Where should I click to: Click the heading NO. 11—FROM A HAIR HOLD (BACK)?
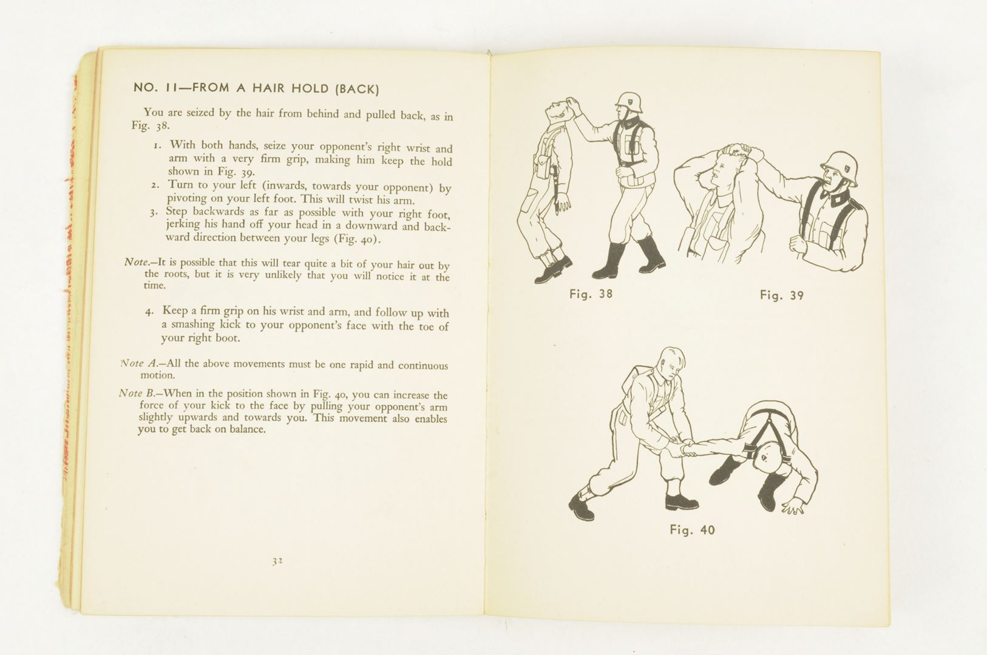pos(256,89)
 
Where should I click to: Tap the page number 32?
pos(277,561)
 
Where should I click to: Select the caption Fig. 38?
pos(591,294)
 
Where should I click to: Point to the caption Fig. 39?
pos(781,295)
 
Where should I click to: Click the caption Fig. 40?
pos(692,530)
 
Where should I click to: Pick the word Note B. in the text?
pos(137,393)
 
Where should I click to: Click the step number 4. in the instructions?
pos(149,312)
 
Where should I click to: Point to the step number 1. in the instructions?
pos(157,146)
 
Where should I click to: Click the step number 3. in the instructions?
pos(154,212)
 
